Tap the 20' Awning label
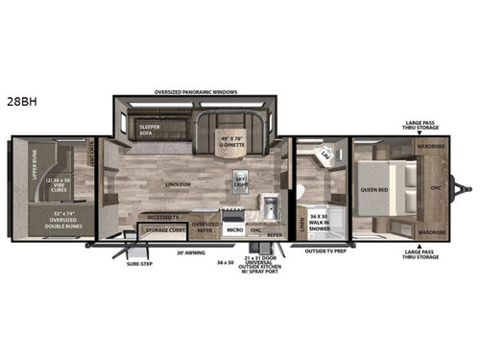pyautogui.click(x=190, y=252)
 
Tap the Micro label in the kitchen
pyautogui.click(x=234, y=229)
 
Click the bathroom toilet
pyautogui.click(x=301, y=191)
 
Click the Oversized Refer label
pyautogui.click(x=205, y=226)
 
